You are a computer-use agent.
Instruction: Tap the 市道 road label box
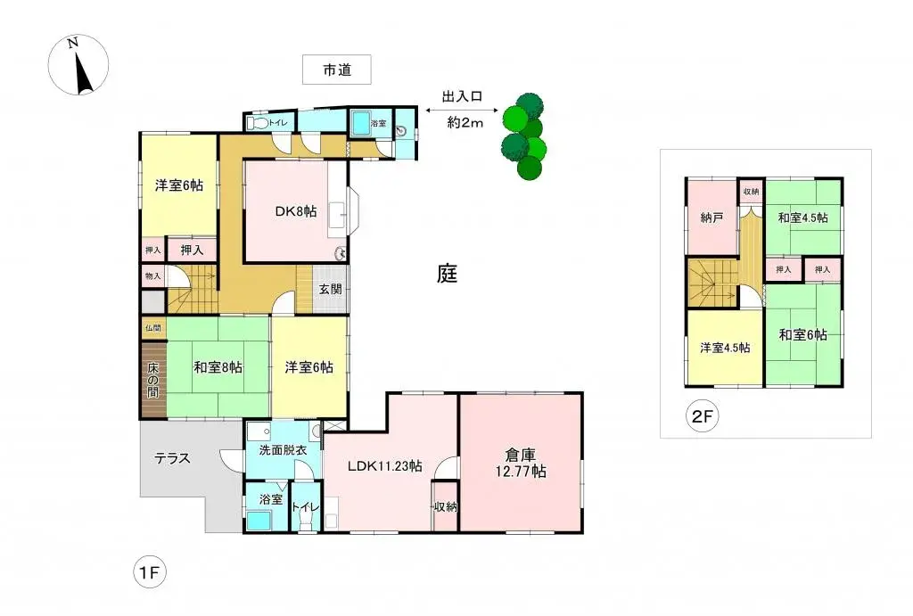pos(336,70)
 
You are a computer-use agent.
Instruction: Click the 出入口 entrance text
pos(462,96)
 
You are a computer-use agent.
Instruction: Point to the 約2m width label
pos(465,123)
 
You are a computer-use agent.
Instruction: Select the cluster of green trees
pos(523,136)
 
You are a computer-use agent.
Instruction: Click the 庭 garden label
pos(447,274)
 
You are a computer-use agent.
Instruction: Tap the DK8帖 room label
pos(295,211)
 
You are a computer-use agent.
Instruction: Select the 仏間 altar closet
pos(152,329)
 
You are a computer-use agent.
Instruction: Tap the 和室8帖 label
pos(218,366)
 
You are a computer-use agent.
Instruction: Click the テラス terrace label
pos(172,459)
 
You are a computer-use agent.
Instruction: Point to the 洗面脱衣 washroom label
pos(283,451)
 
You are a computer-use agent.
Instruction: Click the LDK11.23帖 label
pos(385,464)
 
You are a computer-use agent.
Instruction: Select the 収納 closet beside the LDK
pos(445,506)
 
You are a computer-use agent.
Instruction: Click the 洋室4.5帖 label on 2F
pos(724,348)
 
